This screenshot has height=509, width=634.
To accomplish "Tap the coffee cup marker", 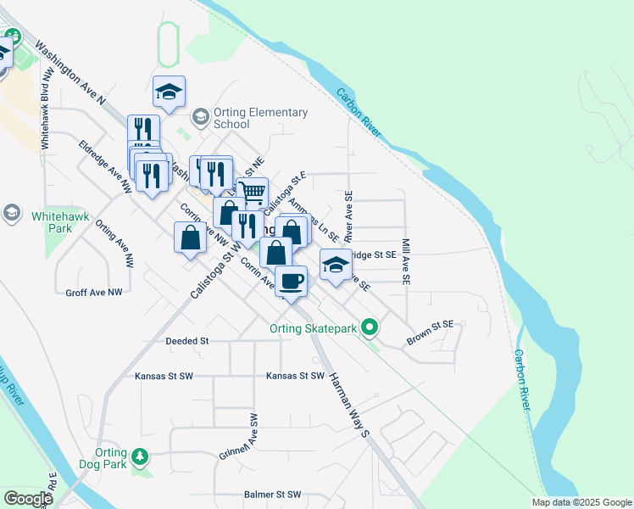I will pos(292,281).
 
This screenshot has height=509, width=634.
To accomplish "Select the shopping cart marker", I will pos(253,193).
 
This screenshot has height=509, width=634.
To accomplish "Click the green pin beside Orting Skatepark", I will pos(369,327).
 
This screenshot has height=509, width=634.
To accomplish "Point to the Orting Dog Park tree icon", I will pos(141,459).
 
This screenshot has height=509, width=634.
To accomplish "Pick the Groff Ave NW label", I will pos(94,292).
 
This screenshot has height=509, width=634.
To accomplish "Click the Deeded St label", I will pos(186,340).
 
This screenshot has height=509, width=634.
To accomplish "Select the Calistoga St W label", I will pos(211,270).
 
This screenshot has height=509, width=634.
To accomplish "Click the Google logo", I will pos(27,499).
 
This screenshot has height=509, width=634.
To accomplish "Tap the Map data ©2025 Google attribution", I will pos(581,502).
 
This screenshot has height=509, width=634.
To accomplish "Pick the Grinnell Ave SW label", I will pos(250,434).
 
